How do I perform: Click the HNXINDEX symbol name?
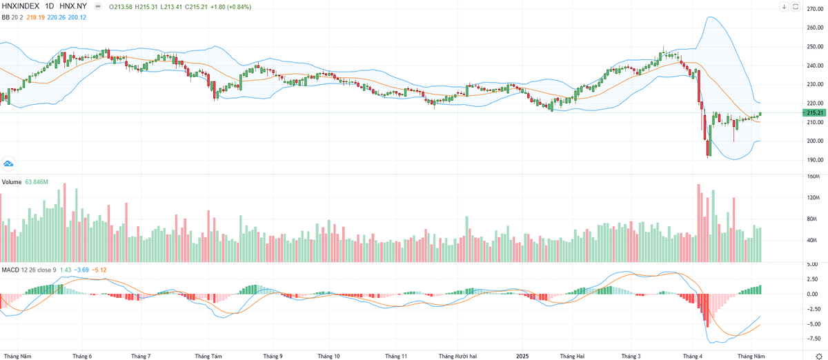coord(21,7)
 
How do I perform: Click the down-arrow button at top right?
coord(785,7)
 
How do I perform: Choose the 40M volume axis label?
coord(811,241)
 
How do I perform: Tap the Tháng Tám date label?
coord(208,356)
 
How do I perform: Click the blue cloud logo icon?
coord(9,163)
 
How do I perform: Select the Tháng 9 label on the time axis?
coord(273,356)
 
